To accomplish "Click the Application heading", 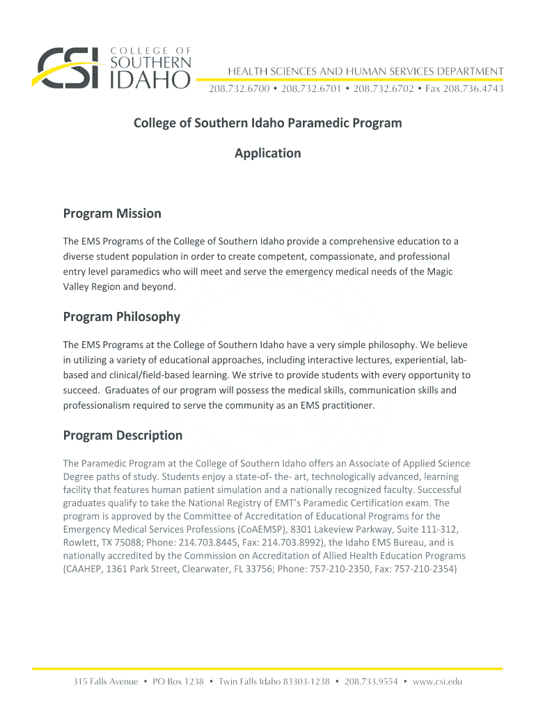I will tap(268, 153).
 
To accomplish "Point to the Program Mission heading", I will tap(112, 214).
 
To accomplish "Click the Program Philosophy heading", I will tap(122, 318).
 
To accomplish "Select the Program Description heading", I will tap(123, 436).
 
